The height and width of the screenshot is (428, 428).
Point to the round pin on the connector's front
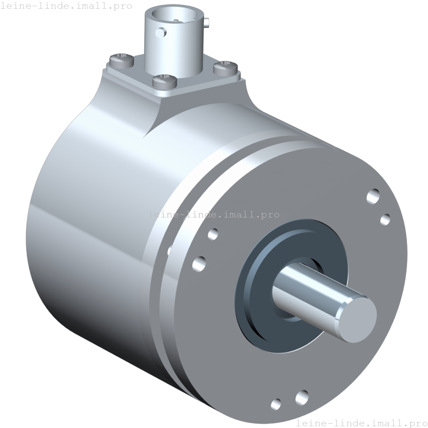[x=160, y=33]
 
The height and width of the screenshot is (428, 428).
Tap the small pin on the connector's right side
[x=206, y=22]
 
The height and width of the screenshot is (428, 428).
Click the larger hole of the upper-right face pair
[x=373, y=197]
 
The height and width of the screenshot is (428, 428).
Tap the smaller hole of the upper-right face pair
[x=385, y=219]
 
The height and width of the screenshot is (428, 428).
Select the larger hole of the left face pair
[x=199, y=263]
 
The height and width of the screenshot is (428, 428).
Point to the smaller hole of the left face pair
[x=213, y=234]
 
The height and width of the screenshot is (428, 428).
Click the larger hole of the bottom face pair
[x=302, y=398]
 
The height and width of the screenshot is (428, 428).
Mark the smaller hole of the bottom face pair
[x=276, y=403]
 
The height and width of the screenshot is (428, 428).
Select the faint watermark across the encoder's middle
[x=214, y=214]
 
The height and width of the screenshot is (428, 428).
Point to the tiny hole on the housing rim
[x=169, y=250]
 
